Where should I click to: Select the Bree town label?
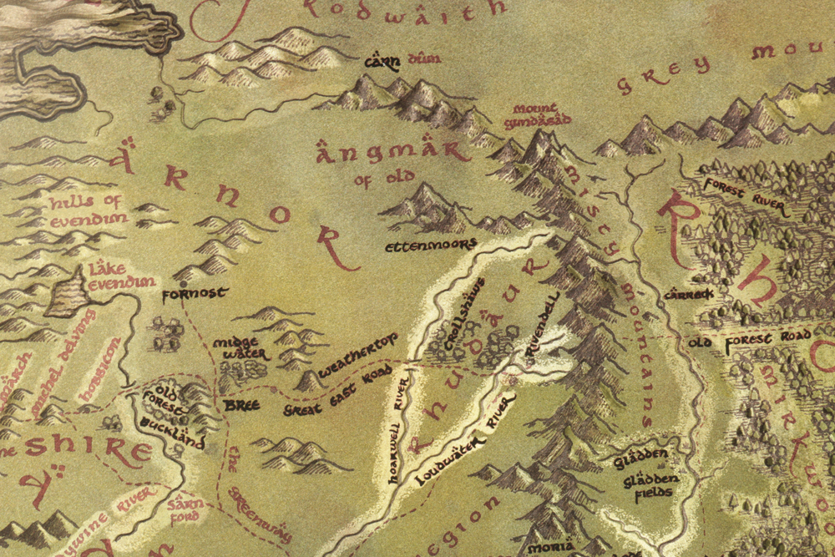242,405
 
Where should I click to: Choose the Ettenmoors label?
430,246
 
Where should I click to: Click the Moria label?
550,547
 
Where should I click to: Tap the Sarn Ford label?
184,509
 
